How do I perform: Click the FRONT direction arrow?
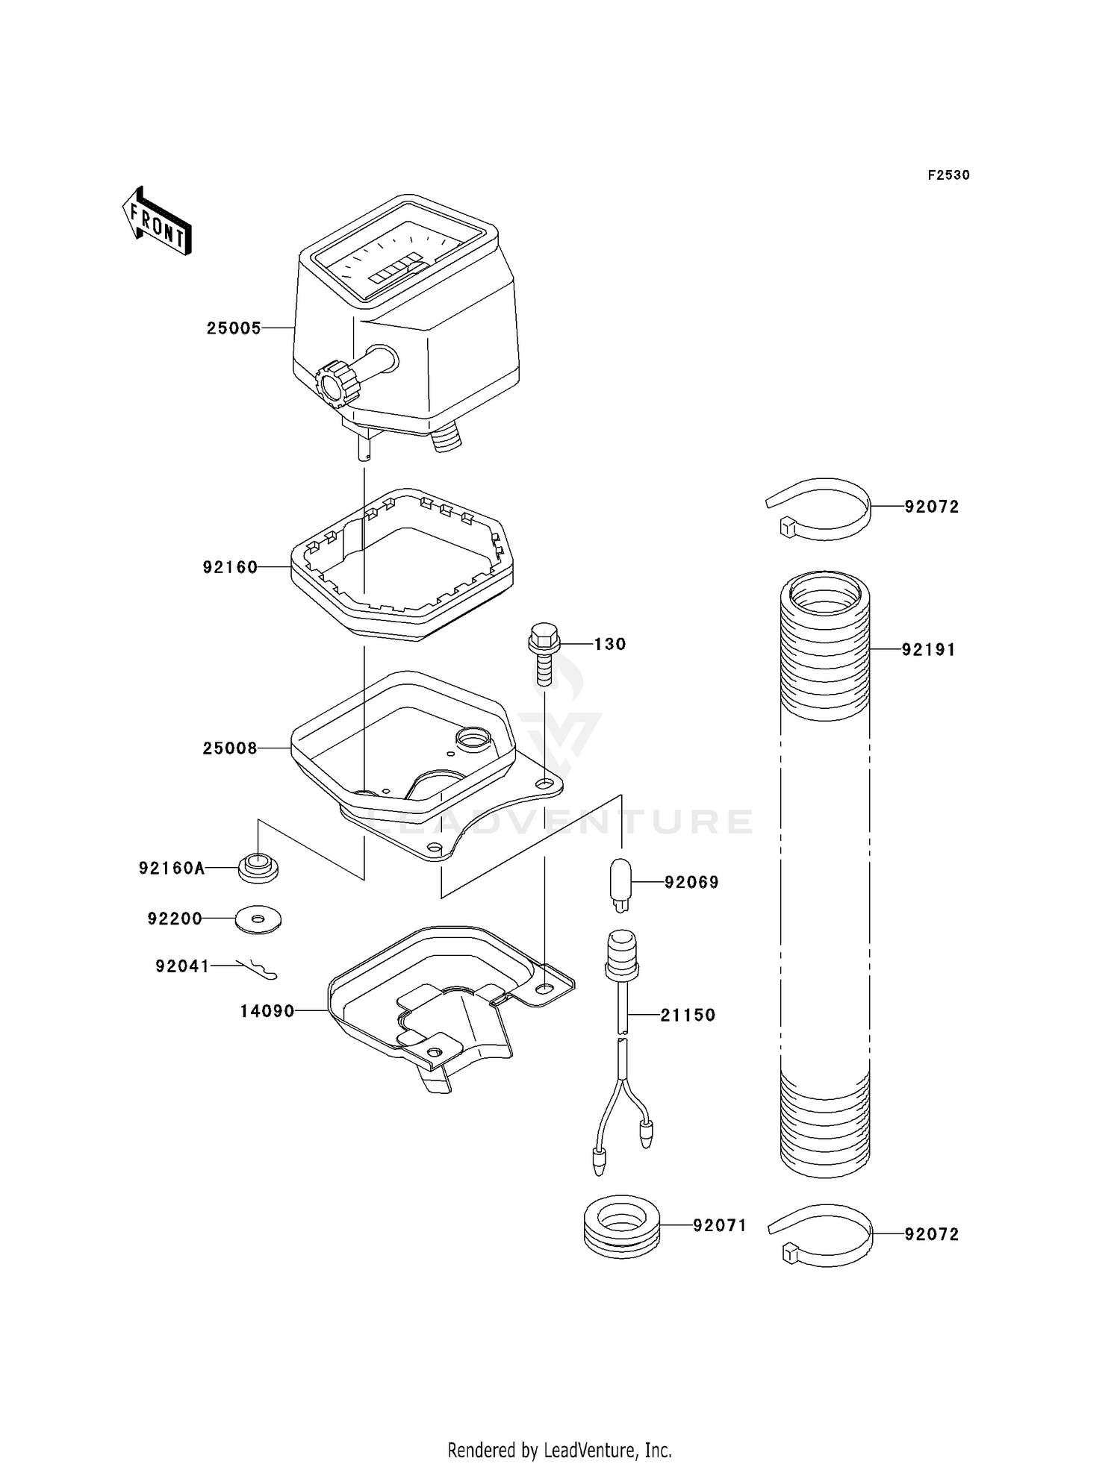click(x=157, y=221)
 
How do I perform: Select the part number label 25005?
click(x=234, y=328)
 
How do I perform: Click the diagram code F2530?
click(x=948, y=175)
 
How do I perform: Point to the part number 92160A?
click(x=171, y=868)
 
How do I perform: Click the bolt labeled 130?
click(x=543, y=656)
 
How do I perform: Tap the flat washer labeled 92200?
click(x=258, y=919)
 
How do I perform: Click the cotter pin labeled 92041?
click(x=258, y=967)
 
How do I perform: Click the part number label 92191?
click(x=928, y=650)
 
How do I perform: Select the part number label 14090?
click(x=267, y=1011)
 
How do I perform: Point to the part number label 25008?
click(x=230, y=748)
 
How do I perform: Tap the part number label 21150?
click(x=688, y=1015)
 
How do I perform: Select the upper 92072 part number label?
click(x=931, y=507)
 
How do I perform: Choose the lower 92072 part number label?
click(x=931, y=1234)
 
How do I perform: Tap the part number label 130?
click(x=609, y=644)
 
